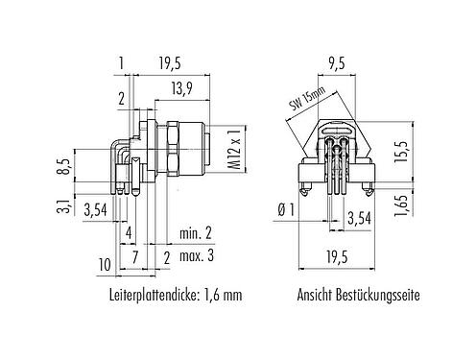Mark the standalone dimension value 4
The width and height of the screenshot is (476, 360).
[x=128, y=231]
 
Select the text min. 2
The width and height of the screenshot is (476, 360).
[x=197, y=231]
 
